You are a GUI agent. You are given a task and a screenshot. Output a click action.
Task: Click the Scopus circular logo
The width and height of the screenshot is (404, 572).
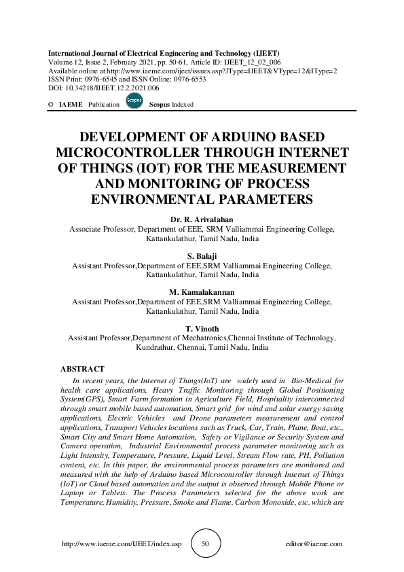134,102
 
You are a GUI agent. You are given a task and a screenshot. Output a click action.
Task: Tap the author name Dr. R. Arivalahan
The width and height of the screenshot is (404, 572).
202,221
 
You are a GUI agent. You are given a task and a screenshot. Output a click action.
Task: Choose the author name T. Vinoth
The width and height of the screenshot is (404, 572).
202,329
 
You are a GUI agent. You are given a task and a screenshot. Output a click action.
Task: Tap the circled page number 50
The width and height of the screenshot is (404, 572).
206,543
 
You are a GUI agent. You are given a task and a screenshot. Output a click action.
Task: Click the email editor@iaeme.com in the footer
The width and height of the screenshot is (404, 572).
315,544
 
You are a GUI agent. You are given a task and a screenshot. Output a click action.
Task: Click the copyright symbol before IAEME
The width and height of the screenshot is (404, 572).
51,105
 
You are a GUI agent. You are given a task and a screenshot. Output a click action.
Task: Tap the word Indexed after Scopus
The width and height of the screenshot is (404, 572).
182,105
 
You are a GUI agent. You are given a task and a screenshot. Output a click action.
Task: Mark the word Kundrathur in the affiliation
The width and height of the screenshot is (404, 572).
157,346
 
